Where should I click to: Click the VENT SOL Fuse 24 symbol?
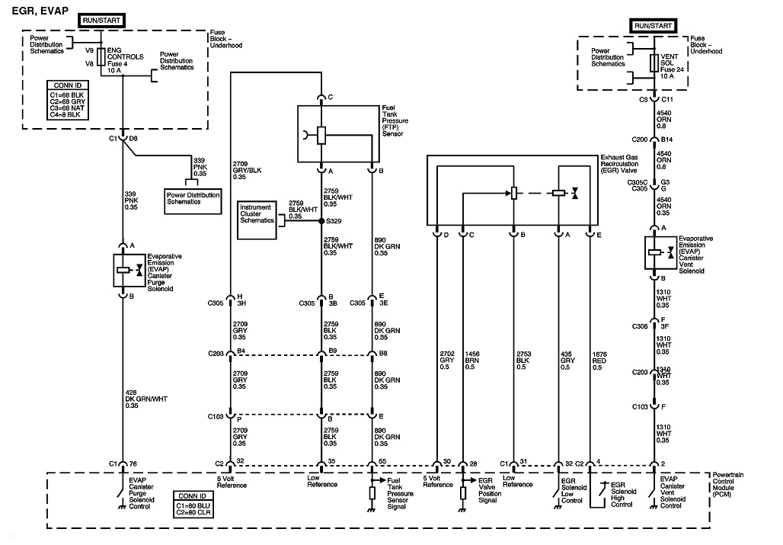coord(654,63)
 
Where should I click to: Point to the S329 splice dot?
coord(321,221)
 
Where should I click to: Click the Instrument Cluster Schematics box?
coord(258,220)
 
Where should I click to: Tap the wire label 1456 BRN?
coord(470,360)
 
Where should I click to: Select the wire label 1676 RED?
coord(599,360)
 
